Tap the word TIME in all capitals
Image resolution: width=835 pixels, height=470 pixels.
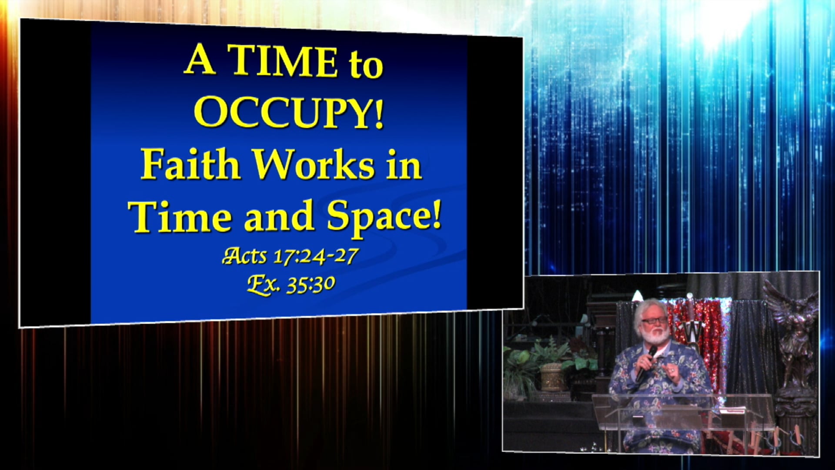click(283, 62)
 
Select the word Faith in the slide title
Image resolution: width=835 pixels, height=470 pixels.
click(190, 165)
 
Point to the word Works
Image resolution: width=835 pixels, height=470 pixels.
click(314, 165)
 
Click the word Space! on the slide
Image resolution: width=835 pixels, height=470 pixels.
click(384, 216)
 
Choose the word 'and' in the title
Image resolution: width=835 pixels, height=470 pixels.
click(279, 216)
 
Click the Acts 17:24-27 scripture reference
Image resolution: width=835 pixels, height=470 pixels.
click(290, 256)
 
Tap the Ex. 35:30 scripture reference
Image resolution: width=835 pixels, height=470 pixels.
click(291, 284)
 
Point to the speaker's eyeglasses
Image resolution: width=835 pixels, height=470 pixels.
click(654, 321)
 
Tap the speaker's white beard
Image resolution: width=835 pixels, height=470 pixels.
click(655, 335)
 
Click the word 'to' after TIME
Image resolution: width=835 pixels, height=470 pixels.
click(366, 65)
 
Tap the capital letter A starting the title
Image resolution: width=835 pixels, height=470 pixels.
click(200, 61)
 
